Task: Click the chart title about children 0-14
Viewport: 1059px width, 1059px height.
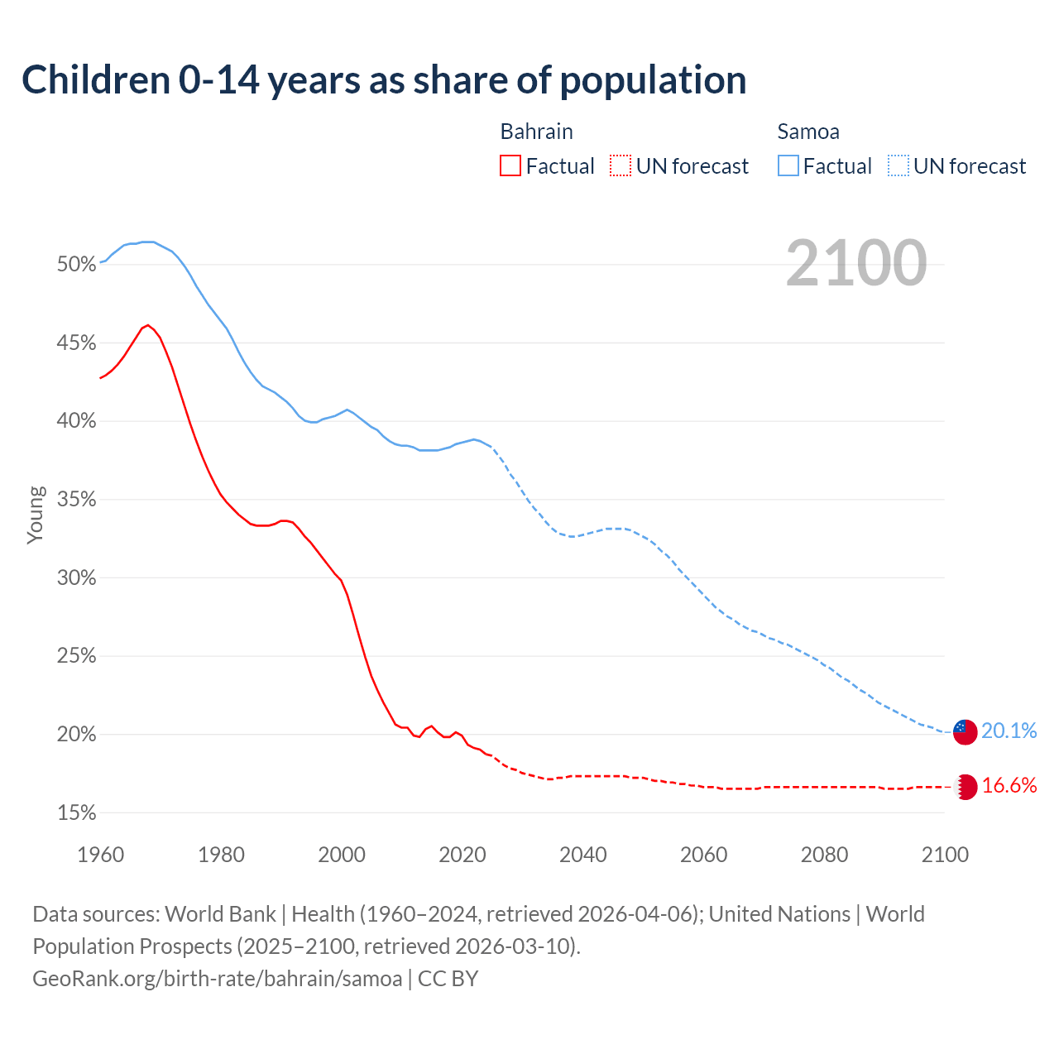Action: click(x=384, y=80)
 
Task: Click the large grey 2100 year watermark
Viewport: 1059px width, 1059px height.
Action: click(x=855, y=263)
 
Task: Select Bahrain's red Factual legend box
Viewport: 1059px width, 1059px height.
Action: click(x=510, y=166)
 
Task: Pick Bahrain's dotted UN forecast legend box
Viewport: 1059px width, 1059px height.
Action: click(x=621, y=166)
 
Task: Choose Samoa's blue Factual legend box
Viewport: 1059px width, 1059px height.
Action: click(x=788, y=166)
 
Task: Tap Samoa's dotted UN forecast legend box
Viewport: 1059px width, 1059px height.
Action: click(x=898, y=166)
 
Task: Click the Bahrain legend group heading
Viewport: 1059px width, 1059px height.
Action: click(x=536, y=132)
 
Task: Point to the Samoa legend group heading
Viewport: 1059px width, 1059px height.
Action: click(x=807, y=132)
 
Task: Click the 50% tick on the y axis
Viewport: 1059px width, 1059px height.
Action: click(x=76, y=265)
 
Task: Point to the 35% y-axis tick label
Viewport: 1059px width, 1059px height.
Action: click(x=76, y=500)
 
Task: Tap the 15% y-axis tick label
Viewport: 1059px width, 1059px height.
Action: click(x=76, y=813)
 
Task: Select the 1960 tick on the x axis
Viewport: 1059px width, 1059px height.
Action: click(x=100, y=855)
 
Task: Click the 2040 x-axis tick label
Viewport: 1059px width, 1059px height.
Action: click(x=582, y=855)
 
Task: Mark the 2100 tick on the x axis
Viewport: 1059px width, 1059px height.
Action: click(x=944, y=855)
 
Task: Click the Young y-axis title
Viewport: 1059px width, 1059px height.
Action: click(x=35, y=515)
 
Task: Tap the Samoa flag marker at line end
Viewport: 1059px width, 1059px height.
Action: click(x=965, y=731)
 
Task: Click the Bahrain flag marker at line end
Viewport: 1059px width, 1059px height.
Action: click(x=966, y=787)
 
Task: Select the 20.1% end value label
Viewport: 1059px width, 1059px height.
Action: click(x=1009, y=731)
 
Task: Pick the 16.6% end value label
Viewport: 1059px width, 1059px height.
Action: click(x=1009, y=786)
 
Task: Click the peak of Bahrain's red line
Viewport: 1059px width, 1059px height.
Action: click(x=147, y=325)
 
